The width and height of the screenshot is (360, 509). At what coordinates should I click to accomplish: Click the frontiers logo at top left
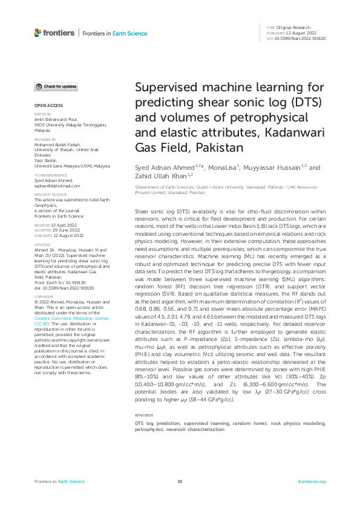coord(54,33)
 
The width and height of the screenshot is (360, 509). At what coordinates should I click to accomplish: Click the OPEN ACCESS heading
coord(45,105)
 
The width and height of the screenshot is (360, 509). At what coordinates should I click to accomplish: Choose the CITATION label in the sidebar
coord(42,245)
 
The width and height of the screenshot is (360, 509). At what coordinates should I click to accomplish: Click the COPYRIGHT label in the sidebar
coord(44,297)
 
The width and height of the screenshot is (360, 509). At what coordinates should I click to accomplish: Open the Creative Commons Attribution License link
coord(71,317)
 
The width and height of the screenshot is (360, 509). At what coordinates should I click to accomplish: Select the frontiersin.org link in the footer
coord(312,481)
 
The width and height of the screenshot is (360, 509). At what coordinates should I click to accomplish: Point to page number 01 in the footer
coord(180,481)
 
